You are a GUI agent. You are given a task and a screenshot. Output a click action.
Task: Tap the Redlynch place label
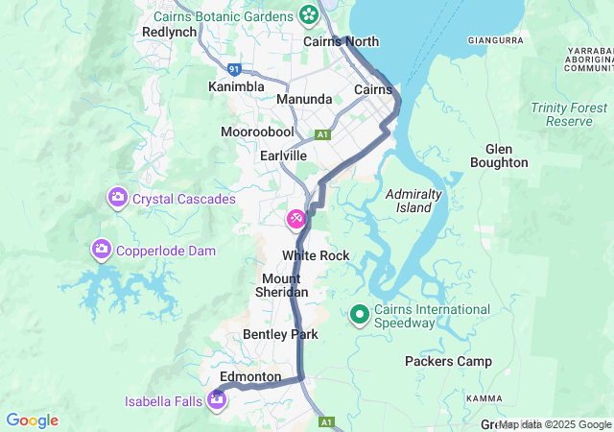coord(169,32)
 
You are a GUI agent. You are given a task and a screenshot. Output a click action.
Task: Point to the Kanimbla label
coord(236,87)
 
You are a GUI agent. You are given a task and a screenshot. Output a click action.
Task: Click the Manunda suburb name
coord(304,100)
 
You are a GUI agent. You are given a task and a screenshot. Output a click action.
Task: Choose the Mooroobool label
coord(256,131)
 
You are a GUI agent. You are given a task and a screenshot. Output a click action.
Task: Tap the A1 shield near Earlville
coord(323,134)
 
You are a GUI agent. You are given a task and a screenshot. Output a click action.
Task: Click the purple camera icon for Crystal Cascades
coord(117,198)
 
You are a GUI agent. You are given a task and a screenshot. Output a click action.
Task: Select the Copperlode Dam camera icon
coord(101,250)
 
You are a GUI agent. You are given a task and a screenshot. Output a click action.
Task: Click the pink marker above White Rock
coord(296,220)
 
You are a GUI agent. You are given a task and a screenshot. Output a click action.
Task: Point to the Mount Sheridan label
coord(281,285)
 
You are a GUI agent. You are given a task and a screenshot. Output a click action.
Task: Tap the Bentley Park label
coord(280,334)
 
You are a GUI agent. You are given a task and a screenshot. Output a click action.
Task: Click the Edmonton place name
coord(249,377)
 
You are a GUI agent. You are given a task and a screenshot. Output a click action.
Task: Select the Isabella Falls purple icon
coord(218,397)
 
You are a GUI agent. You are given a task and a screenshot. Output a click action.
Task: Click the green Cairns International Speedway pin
coord(360,314)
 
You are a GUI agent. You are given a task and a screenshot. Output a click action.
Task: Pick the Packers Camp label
coord(448,362)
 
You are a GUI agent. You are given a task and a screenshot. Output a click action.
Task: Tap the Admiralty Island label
coord(413,201)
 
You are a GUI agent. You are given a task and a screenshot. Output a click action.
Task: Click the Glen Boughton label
coord(499,156)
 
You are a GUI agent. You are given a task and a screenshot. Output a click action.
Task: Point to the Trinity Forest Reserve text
coord(569,114)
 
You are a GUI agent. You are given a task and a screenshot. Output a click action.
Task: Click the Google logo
coord(32,420)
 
